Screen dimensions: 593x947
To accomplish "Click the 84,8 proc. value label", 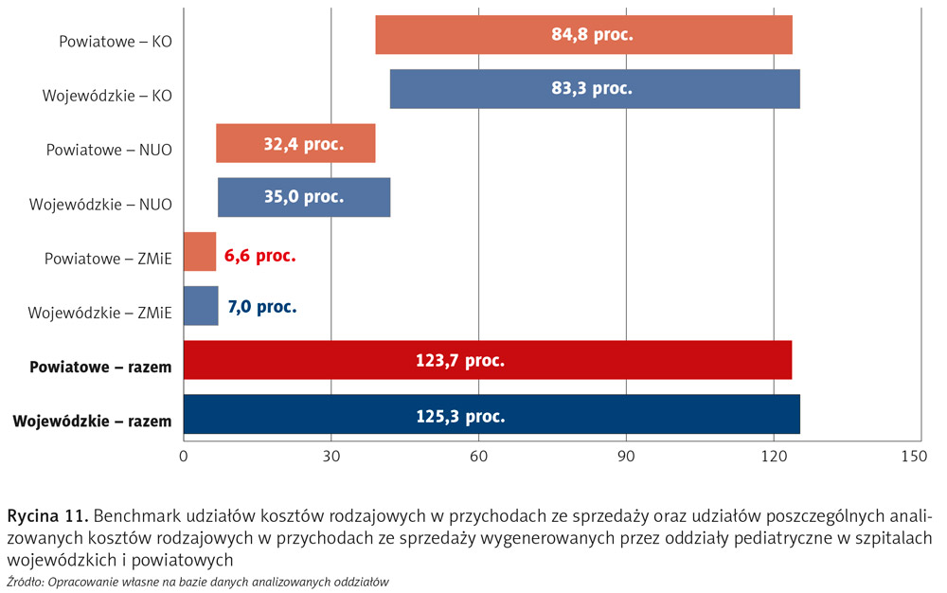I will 592,35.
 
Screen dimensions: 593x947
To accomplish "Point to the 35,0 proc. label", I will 303,197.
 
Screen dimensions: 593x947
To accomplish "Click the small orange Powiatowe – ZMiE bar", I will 200,252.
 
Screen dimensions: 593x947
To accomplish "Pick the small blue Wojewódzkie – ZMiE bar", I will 201,306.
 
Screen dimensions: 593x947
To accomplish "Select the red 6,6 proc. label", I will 260,255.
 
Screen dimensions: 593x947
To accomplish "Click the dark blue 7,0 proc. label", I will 262,308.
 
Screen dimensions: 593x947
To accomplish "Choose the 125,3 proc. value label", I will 461,416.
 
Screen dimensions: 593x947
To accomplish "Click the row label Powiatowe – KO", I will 116,42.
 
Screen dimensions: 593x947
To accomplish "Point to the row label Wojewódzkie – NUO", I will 100,204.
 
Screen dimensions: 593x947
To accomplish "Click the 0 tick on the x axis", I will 184,457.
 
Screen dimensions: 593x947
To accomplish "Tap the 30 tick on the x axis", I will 331,457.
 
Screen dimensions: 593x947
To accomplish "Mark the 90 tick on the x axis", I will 626,457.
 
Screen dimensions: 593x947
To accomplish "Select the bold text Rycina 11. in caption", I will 48,516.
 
